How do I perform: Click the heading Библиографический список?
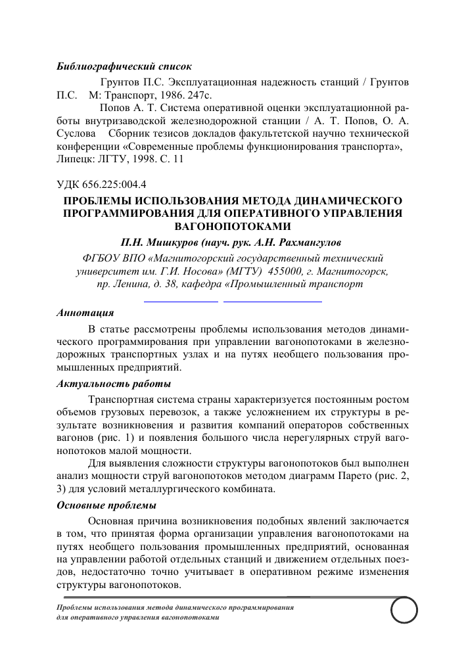124,67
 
